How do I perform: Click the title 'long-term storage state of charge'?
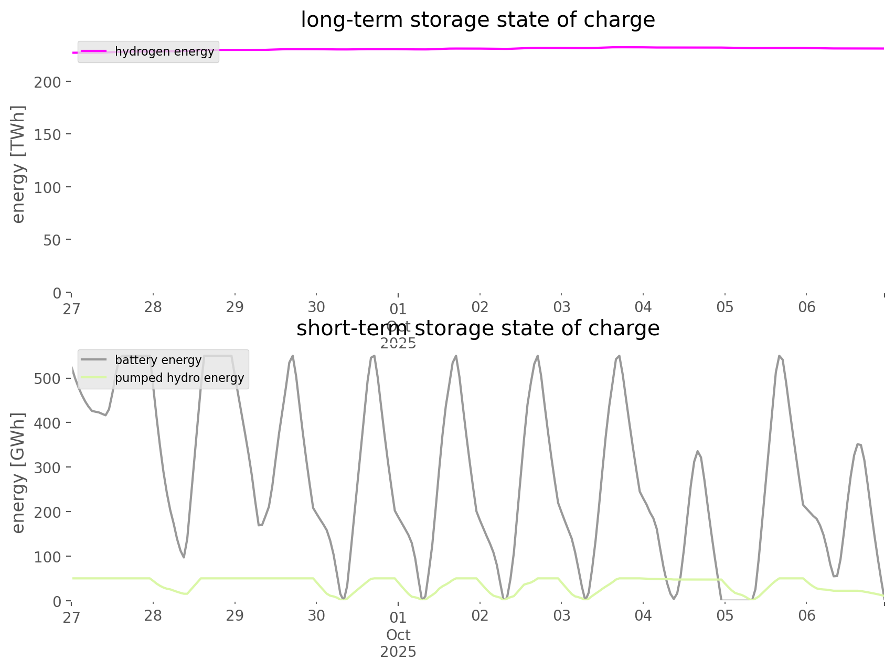(477, 20)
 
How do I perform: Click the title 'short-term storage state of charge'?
(477, 328)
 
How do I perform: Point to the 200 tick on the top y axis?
(48, 82)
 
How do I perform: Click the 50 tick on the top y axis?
(51, 240)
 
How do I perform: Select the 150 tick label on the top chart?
(48, 134)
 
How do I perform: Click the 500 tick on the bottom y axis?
(48, 378)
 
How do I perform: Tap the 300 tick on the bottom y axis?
(48, 467)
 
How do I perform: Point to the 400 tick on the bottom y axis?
(48, 423)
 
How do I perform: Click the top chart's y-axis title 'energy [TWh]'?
(18, 164)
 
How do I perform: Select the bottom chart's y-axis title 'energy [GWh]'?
(18, 473)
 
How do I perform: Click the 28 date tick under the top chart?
(153, 307)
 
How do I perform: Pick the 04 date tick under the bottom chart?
(643, 615)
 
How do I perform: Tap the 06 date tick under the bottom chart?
(807, 615)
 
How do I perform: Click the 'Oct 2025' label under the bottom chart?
(398, 643)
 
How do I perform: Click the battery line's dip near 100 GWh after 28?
(184, 557)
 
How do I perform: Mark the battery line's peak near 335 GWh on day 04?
(697, 451)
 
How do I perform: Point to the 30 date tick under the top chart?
(316, 307)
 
